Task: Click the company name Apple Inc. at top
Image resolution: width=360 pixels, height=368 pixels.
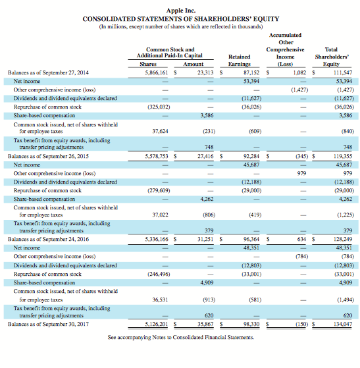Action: pos(180,10)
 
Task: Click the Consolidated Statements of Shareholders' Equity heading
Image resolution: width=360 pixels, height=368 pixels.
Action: pos(180,18)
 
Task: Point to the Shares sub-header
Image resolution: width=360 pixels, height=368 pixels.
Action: pos(148,64)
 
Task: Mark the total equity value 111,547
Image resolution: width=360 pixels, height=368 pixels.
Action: pos(344,72)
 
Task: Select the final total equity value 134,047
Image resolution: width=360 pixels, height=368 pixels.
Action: pos(344,324)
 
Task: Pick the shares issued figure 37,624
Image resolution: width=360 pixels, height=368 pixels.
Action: pos(159,131)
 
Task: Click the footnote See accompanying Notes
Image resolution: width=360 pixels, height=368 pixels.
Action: pos(180,337)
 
